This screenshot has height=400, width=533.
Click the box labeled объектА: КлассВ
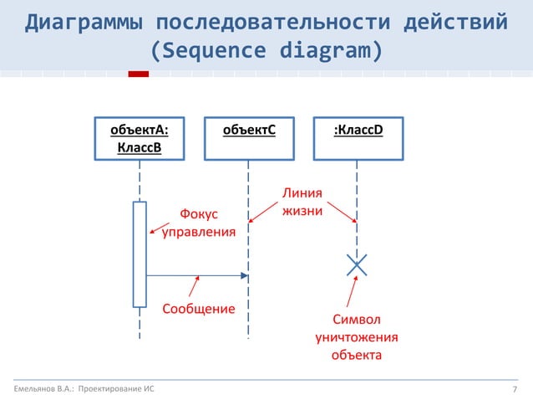[140, 139]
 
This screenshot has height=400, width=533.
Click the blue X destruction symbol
[357, 265]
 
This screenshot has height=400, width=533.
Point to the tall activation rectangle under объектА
[140, 254]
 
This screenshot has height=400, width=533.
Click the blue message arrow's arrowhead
[244, 275]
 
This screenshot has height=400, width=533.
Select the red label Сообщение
[198, 309]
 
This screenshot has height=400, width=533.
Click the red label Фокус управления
[198, 223]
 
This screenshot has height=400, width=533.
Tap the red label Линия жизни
[302, 203]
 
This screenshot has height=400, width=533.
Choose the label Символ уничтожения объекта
[356, 337]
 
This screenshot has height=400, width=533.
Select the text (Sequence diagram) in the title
[266, 50]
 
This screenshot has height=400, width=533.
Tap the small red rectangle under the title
[138, 74]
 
